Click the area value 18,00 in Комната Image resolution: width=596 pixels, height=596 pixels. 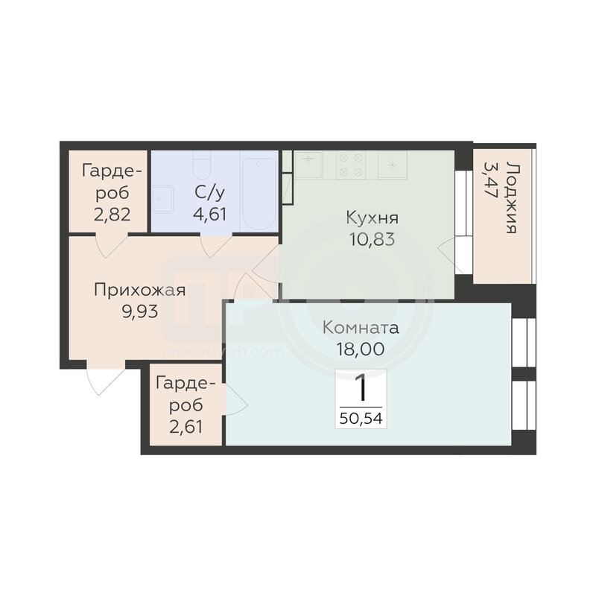[361, 349]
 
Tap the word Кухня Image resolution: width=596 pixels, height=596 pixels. [372, 218]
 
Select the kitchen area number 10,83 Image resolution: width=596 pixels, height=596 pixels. [372, 239]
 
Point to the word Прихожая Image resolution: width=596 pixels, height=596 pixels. [140, 291]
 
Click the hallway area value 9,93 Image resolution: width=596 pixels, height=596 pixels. [140, 311]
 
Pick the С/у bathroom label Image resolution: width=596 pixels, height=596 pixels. [210, 193]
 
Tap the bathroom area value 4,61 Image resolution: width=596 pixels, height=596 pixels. [210, 214]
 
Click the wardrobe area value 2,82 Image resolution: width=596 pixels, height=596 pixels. [112, 215]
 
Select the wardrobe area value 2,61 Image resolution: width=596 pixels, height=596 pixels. [186, 427]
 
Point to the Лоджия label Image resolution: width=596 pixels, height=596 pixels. [513, 197]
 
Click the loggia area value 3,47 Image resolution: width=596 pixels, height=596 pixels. [491, 179]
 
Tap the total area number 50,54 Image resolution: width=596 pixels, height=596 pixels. [361, 418]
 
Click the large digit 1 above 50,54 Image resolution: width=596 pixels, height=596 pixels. [360, 387]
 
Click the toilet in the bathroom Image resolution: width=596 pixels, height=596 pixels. [201, 165]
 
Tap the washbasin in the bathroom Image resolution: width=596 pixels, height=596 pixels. [162, 199]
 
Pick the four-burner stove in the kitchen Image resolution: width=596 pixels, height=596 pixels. [351, 165]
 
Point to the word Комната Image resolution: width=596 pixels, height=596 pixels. [361, 328]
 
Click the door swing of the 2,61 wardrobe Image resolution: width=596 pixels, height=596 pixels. [237, 400]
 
